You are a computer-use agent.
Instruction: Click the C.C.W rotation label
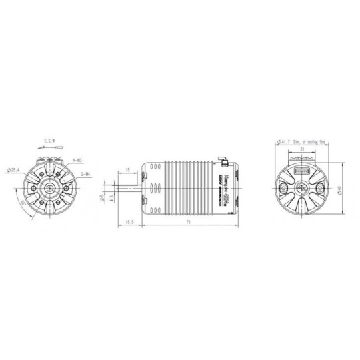pyautogui.click(x=50, y=141)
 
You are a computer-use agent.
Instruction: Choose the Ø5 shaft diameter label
pyautogui.click(x=101, y=198)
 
